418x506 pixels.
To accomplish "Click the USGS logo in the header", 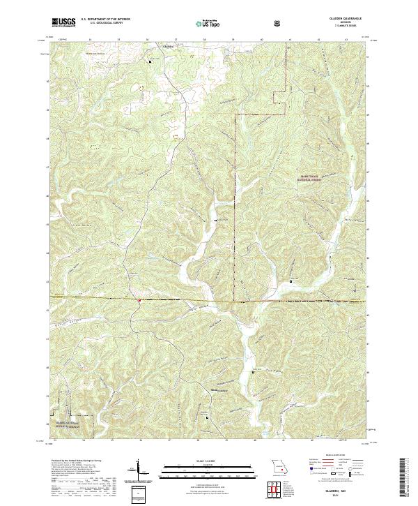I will click(x=63, y=23).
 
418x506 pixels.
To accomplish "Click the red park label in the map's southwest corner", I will click(x=64, y=424).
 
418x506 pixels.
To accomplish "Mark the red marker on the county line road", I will click(x=139, y=302).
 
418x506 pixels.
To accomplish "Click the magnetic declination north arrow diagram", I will click(x=138, y=470).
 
